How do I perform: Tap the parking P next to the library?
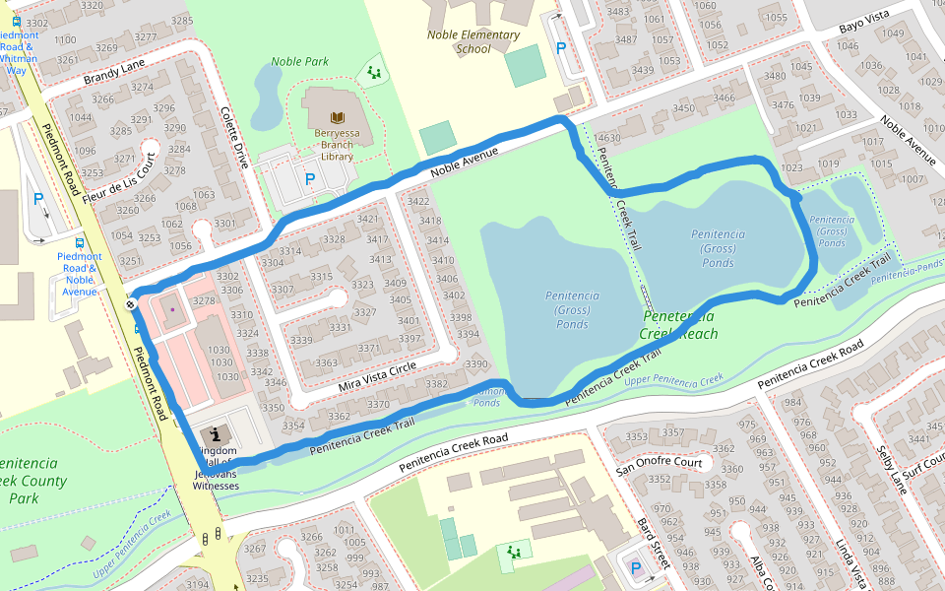pyautogui.click(x=310, y=179)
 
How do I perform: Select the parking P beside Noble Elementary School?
pyautogui.click(x=561, y=47)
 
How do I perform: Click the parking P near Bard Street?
pyautogui.click(x=635, y=568)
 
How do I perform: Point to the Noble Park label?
pyautogui.click(x=299, y=61)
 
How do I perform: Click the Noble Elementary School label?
pyautogui.click(x=472, y=41)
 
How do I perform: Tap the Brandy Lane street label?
pyautogui.click(x=114, y=72)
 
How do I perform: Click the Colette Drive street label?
pyautogui.click(x=237, y=137)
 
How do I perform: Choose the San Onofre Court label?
pyautogui.click(x=659, y=462)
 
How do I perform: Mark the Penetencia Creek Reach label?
pyautogui.click(x=678, y=325)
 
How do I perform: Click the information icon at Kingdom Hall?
pyautogui.click(x=215, y=433)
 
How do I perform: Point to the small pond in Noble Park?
pyautogui.click(x=266, y=97)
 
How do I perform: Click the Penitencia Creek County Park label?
pyautogui.click(x=31, y=481)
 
